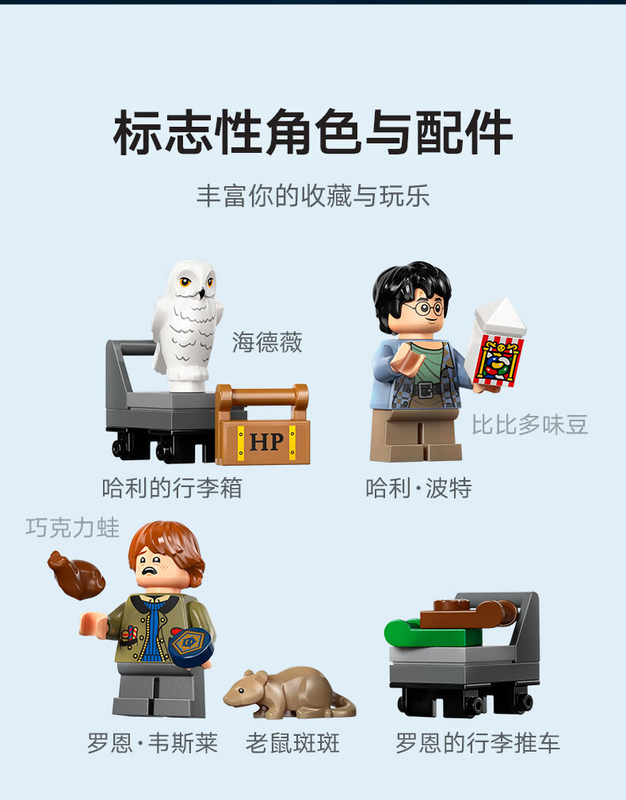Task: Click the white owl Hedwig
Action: point(186,326)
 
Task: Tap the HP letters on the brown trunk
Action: point(266,441)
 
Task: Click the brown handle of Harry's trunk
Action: point(262,395)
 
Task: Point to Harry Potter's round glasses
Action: point(424,308)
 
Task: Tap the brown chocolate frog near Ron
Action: point(77,574)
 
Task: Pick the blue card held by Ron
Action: point(191,647)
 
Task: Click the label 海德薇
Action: point(267,342)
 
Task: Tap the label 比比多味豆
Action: point(529,425)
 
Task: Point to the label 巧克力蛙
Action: point(73,528)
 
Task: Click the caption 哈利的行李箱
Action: point(172,488)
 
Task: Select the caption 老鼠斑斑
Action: point(292,744)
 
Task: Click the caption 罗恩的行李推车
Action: point(477,744)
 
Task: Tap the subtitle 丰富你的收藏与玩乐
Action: point(313,196)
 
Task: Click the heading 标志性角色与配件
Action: point(313,132)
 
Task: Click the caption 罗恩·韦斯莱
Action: point(152,744)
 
